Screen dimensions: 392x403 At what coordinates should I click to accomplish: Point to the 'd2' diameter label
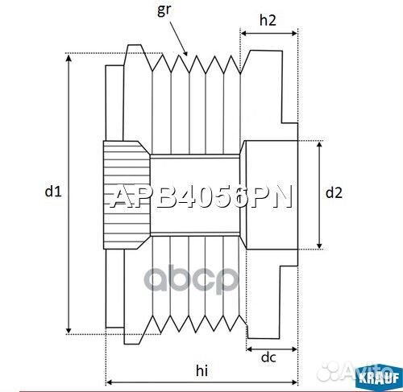(x=334, y=192)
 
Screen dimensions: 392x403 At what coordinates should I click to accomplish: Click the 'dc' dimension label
(x=270, y=357)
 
